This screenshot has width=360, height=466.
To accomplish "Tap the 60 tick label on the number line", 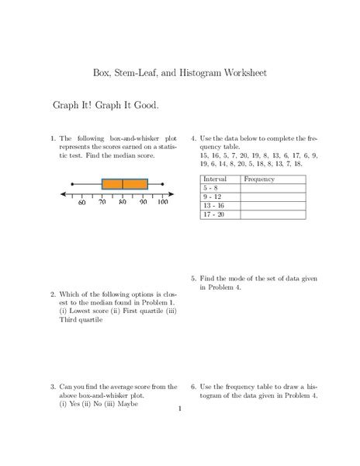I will pyautogui.click(x=81, y=203).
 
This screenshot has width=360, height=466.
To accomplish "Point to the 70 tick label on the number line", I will pyautogui.click(x=102, y=203).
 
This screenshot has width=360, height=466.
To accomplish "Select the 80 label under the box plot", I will pyautogui.click(x=123, y=203).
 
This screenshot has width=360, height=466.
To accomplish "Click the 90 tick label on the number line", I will pyautogui.click(x=144, y=203).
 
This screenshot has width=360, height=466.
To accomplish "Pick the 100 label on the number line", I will pyautogui.click(x=163, y=203).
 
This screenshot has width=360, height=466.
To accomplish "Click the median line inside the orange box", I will pyautogui.click(x=123, y=185).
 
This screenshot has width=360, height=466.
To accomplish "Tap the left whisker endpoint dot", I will pyautogui.click(x=82, y=185).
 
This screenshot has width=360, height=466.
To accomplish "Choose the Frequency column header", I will pyautogui.click(x=258, y=179).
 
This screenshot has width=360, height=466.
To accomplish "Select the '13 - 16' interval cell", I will pyautogui.click(x=213, y=205).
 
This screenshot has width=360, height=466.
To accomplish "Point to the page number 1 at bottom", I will pyautogui.click(x=179, y=409).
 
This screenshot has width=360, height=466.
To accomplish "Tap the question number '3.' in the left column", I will pyautogui.click(x=52, y=385).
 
